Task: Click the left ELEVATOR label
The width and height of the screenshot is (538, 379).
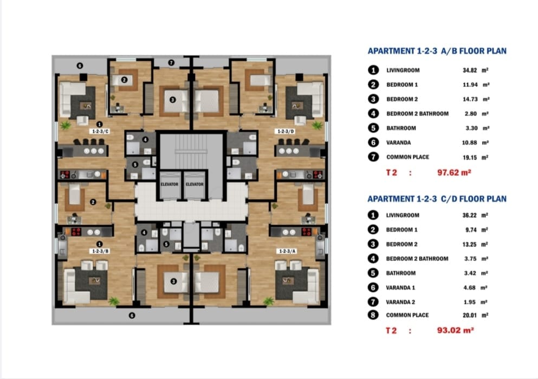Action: [170, 184]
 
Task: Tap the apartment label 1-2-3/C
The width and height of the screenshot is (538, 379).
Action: [100, 131]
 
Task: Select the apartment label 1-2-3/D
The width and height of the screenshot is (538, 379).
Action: [286, 131]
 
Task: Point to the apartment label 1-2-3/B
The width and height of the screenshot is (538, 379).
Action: [100, 251]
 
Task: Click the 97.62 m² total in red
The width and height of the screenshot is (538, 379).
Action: [454, 172]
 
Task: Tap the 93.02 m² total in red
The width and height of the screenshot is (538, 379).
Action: [455, 330]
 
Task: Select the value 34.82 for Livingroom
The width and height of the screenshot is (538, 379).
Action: [470, 70]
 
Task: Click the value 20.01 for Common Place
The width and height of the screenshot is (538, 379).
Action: [469, 315]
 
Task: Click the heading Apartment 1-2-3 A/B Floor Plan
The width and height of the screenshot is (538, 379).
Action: [437, 51]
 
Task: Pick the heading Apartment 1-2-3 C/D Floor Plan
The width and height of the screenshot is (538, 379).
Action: [437, 199]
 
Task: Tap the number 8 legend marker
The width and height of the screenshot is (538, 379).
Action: [373, 315]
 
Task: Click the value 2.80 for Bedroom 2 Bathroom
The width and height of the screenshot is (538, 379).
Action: [471, 114]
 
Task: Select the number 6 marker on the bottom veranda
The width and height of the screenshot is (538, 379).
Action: [132, 315]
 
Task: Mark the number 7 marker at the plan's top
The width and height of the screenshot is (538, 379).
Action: [171, 62]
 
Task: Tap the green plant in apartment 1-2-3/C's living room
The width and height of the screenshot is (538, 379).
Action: [64, 125]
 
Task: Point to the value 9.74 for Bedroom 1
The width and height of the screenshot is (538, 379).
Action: [471, 230]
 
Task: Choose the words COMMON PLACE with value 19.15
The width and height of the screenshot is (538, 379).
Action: [407, 157]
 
